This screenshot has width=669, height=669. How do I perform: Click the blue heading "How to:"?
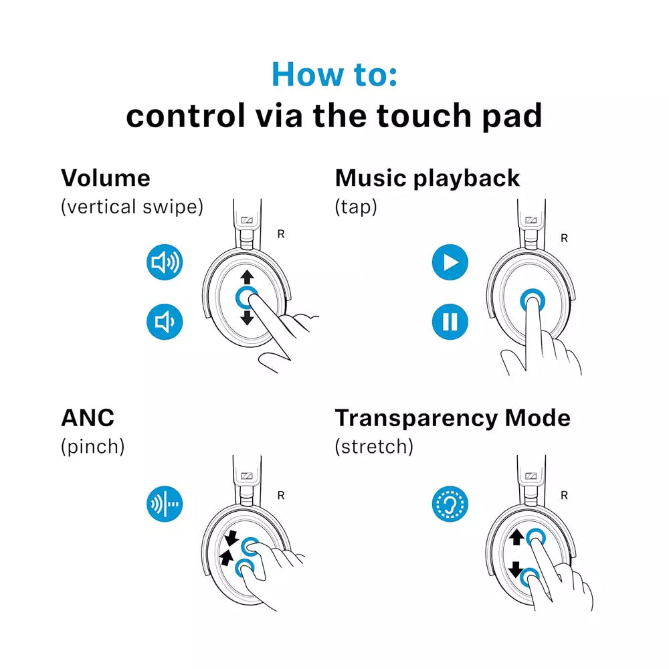pos(334,74)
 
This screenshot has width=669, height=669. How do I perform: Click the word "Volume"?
pos(106,178)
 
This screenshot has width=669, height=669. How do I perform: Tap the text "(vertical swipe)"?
pos(132,207)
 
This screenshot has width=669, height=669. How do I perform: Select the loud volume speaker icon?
pos(165,263)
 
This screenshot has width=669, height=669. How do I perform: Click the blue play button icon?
pos(450,262)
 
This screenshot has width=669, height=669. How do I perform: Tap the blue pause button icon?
pos(450,322)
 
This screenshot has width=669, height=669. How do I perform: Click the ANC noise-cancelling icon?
pos(165,504)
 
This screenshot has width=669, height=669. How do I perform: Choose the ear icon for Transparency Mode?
pos(450,504)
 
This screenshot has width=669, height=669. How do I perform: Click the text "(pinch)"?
pos(93,446)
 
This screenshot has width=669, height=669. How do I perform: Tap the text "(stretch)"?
pos(374,446)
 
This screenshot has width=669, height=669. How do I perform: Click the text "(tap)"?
pos(356,207)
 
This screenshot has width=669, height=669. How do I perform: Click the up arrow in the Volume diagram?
pos(247,276)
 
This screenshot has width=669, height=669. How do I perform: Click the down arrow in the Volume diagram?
pos(247,317)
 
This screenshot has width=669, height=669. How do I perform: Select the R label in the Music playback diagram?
pos(564,237)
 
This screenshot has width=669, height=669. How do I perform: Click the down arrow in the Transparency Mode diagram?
pos(516,570)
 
